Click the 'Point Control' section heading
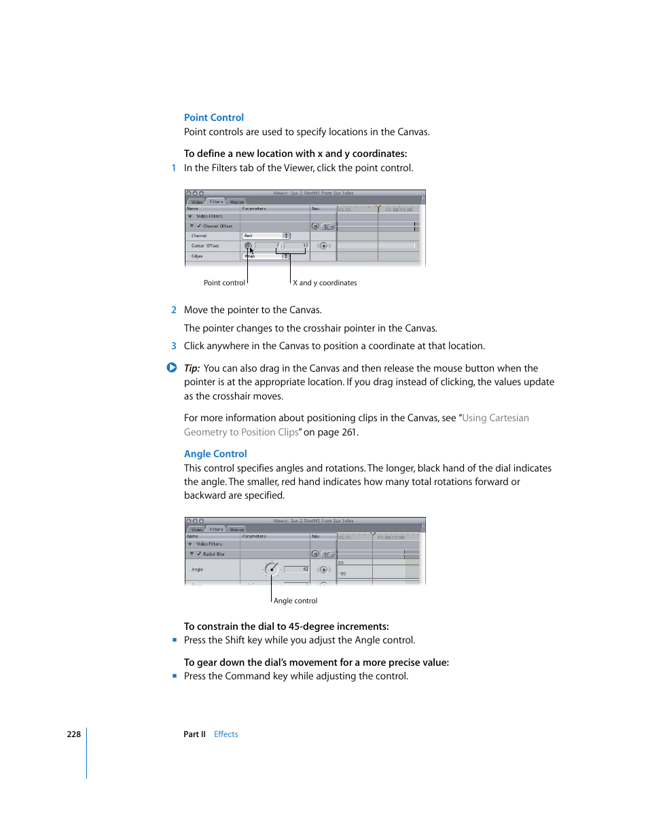[213, 118]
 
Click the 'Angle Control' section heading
[215, 454]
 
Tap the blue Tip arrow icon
[172, 368]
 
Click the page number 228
[73, 734]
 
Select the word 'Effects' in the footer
[226, 734]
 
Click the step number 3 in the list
[174, 346]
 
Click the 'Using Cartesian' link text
[495, 418]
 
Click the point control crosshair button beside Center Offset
[248, 246]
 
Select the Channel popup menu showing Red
[266, 236]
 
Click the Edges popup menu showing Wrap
[266, 256]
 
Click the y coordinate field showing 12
[297, 245]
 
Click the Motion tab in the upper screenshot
[237, 202]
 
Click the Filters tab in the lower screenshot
[216, 529]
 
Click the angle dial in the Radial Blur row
[271, 569]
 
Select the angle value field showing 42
[297, 569]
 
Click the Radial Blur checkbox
[199, 554]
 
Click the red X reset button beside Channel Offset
[315, 226]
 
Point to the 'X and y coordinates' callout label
[325, 283]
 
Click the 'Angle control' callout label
[295, 601]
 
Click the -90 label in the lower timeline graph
[342, 573]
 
